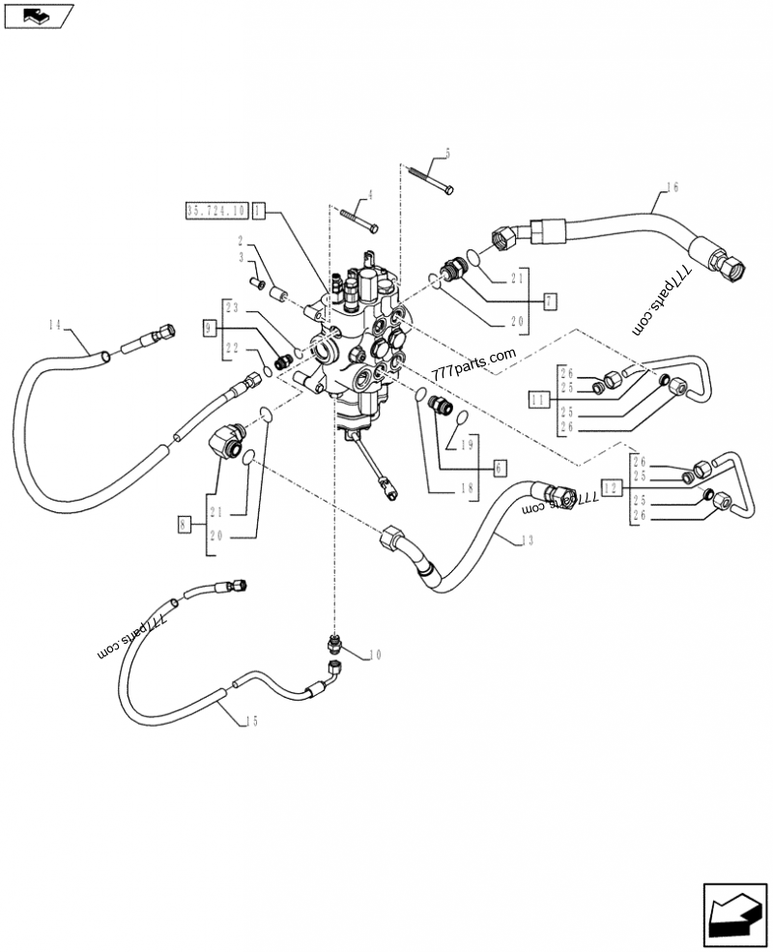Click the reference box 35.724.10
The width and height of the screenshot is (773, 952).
215,209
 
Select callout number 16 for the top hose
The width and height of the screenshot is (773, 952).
673,187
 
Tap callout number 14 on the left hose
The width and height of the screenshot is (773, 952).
54,325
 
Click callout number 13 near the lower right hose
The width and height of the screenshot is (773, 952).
526,540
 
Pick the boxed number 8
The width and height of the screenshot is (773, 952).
185,524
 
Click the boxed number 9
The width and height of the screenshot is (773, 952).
209,329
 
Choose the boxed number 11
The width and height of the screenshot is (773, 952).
537,397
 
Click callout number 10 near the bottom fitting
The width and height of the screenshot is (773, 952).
375,655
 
